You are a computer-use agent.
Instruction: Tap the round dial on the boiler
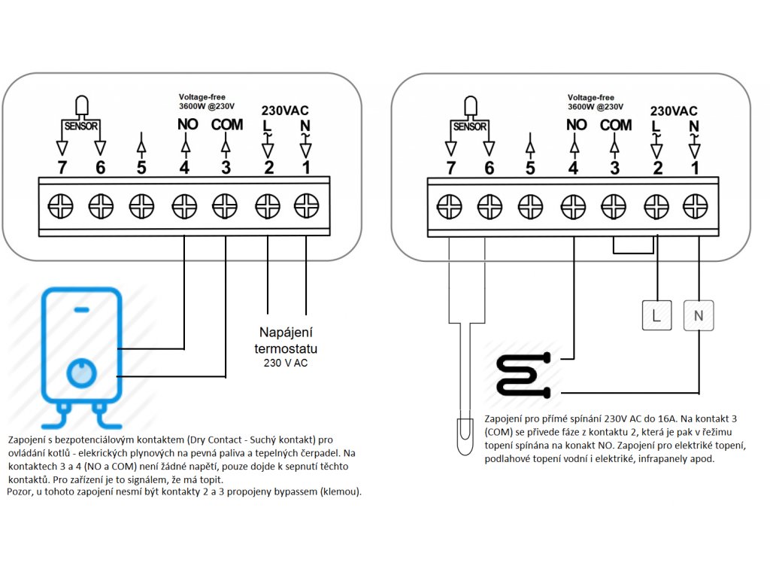pos(81,372)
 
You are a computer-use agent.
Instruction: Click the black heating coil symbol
pos(523,375)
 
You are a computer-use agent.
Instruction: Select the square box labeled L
pos(656,315)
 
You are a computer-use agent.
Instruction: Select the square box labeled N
pos(699,315)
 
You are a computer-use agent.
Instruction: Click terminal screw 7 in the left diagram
pos(60,206)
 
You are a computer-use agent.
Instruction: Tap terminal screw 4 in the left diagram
pos(184,206)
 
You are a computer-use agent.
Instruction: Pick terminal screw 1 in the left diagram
pos(307,206)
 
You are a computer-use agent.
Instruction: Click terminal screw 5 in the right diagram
pos(530,206)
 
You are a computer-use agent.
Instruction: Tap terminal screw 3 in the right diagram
pos(614,206)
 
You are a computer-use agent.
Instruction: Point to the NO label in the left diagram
pos(187,124)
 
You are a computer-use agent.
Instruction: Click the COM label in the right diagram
pos(616,125)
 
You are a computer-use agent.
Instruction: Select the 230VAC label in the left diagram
pos(285,111)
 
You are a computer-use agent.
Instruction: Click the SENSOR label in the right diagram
pos(470,126)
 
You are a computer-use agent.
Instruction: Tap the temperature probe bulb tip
pos(465,437)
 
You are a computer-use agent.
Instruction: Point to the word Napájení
pos(286,332)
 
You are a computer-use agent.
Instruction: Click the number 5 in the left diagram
pos(141,168)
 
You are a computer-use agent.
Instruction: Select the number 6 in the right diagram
pos(489,168)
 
